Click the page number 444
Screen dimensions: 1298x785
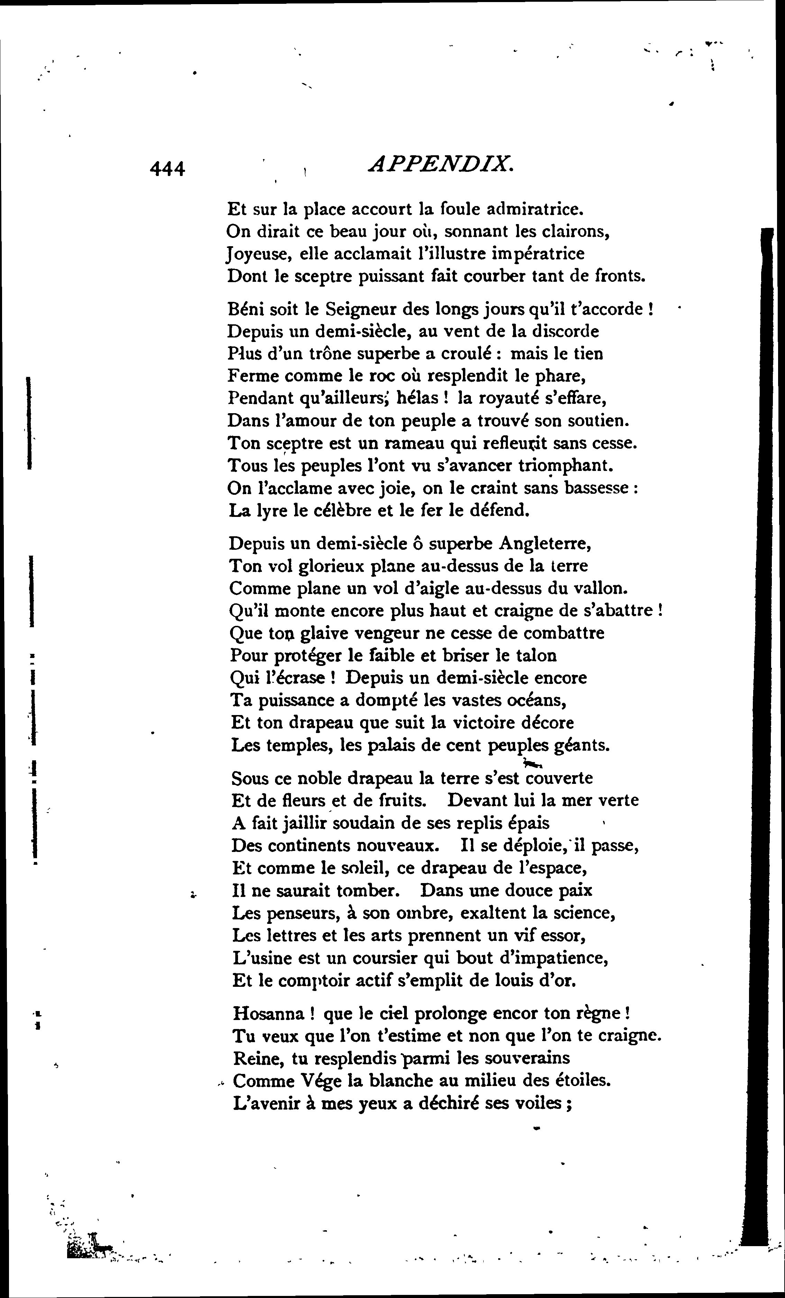pos(167,169)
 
